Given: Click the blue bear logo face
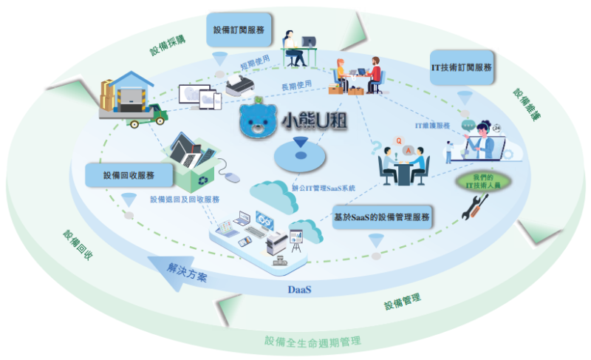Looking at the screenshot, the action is [259, 119].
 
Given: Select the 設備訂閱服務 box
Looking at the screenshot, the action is [239, 30].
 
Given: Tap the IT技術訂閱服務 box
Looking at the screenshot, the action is [462, 67].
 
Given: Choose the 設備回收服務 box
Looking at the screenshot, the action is [129, 175].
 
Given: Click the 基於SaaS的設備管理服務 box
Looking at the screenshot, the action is [382, 217].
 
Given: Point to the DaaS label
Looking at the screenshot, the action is [300, 290].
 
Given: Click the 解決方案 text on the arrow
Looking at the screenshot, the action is [187, 272].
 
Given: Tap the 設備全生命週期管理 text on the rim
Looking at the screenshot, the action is [312, 342].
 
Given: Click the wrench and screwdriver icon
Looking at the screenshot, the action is [475, 207].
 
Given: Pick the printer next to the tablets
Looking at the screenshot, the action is [239, 85].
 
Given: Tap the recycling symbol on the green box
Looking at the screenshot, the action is [203, 180].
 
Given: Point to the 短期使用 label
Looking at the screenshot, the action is [255, 62].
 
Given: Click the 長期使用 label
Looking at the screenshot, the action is [297, 86].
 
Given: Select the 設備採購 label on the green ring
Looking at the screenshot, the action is [168, 46].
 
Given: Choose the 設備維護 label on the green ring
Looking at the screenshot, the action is [527, 104].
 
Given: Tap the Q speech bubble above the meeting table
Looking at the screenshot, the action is [398, 141].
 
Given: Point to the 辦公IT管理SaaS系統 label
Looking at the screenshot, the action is [324, 188].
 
